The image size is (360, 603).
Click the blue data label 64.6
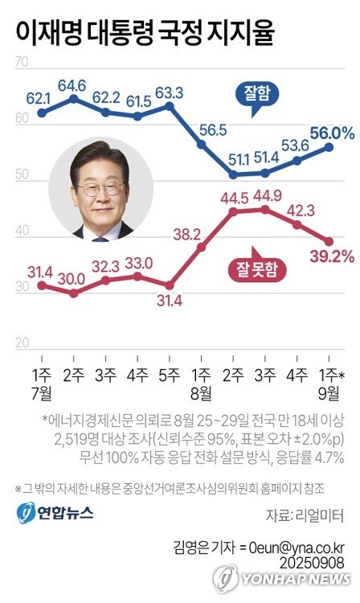(x=73, y=83)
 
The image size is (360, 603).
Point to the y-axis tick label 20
(x=22, y=342)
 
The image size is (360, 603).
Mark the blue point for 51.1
(x=233, y=174)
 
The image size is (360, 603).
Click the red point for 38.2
(x=201, y=248)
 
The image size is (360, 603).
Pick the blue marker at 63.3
(x=170, y=105)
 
